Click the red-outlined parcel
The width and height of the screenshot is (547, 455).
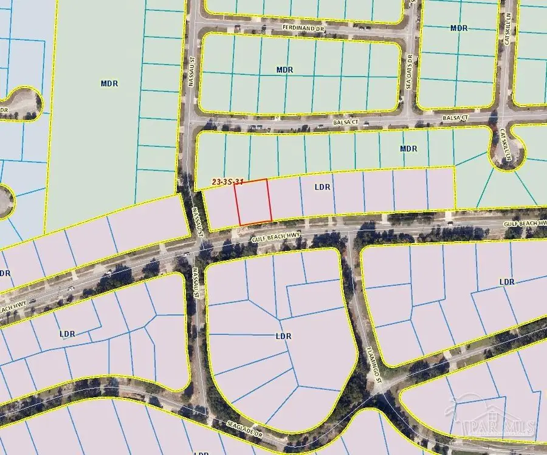click(x=253, y=201)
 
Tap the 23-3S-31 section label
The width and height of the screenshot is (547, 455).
click(x=229, y=182)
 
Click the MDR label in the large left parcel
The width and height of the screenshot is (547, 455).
click(x=109, y=84)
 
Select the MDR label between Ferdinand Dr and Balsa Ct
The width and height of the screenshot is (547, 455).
click(x=284, y=70)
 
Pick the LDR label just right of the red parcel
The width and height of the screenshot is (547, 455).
click(x=322, y=187)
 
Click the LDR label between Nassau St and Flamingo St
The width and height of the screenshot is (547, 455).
click(x=283, y=336)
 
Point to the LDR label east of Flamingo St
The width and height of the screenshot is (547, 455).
click(x=507, y=282)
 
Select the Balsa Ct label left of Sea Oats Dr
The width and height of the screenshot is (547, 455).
click(x=347, y=122)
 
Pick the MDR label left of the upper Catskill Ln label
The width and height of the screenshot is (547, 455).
click(x=459, y=28)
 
